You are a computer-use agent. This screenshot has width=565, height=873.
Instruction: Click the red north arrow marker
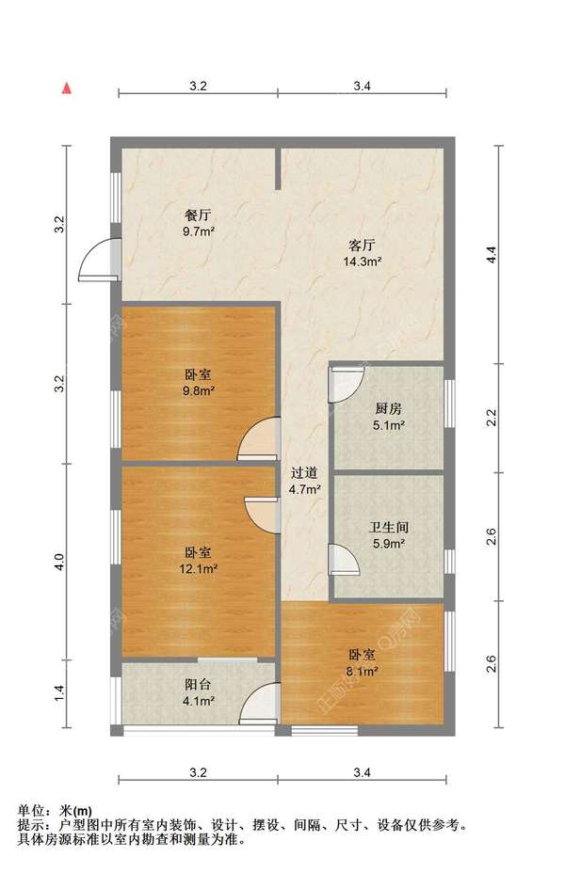pyautogui.click(x=67, y=88)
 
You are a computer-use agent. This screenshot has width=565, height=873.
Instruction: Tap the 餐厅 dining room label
pyautogui.click(x=199, y=215)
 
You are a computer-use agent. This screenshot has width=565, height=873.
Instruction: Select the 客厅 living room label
pyautogui.click(x=363, y=245)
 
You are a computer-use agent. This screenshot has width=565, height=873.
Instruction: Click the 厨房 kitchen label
pyautogui.click(x=388, y=408)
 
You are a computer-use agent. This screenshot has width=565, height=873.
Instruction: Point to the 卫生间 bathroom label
pyautogui.click(x=388, y=527)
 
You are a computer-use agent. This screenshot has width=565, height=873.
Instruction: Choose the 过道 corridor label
pyautogui.click(x=304, y=473)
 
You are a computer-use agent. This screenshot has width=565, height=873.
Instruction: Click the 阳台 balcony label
pyautogui.click(x=198, y=685)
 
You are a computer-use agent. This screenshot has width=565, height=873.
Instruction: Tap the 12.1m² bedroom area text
pyautogui.click(x=199, y=569)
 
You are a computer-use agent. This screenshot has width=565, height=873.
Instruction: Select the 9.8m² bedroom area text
pyautogui.click(x=199, y=390)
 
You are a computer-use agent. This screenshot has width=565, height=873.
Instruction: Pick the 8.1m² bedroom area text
pyautogui.click(x=363, y=672)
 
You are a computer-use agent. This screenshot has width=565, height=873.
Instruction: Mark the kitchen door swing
pyautogui.click(x=346, y=384)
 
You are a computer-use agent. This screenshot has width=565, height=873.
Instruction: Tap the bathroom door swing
pyautogui.click(x=344, y=559)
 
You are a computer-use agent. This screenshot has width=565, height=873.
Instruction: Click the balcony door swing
pyautogui.click(x=259, y=704)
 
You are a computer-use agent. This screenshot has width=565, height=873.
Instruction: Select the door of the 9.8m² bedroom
pyautogui.click(x=258, y=438)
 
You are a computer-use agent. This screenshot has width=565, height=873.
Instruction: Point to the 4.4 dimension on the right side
pyautogui.click(x=491, y=254)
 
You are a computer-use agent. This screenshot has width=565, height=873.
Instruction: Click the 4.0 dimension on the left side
pyautogui.click(x=59, y=561)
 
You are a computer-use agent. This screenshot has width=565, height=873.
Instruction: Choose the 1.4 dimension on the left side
pyautogui.click(x=59, y=693)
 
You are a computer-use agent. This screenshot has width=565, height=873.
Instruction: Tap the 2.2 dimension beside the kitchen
pyautogui.click(x=491, y=418)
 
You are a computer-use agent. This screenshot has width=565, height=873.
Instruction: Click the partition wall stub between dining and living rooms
pyautogui.click(x=278, y=168)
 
